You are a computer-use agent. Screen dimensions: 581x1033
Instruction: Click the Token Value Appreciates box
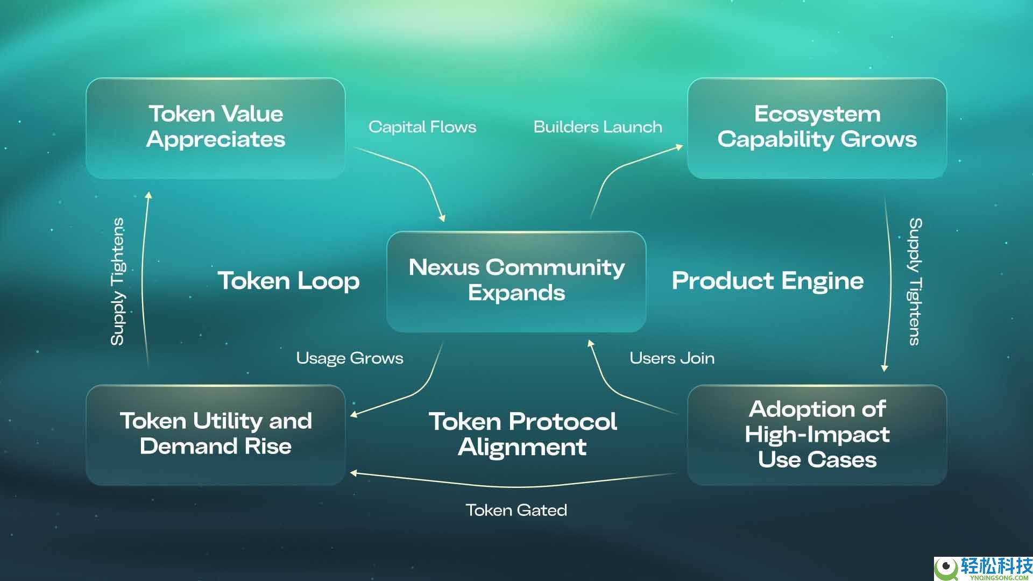(215, 127)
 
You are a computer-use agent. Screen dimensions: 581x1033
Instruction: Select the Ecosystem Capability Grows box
(817, 127)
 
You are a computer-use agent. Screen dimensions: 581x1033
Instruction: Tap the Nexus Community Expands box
(516, 281)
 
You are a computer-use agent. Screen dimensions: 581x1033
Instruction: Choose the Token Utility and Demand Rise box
(215, 434)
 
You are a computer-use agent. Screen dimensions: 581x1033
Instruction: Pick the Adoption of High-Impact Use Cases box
(817, 434)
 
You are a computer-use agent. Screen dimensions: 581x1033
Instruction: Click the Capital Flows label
(422, 127)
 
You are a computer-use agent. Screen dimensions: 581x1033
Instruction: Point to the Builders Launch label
(598, 127)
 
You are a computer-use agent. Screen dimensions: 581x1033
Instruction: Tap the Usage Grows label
(350, 358)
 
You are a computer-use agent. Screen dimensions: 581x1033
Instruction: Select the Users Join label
(672, 358)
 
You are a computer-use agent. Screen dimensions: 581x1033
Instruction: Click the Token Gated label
(516, 510)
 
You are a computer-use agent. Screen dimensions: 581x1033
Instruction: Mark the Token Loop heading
(288, 281)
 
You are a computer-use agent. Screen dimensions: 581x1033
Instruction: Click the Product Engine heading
(768, 281)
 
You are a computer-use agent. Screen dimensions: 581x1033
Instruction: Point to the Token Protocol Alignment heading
(522, 434)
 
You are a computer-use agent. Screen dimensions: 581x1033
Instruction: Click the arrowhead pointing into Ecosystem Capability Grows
(680, 146)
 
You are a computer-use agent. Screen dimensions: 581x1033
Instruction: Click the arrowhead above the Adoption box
(884, 368)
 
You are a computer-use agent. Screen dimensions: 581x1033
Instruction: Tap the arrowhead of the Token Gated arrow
(353, 473)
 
